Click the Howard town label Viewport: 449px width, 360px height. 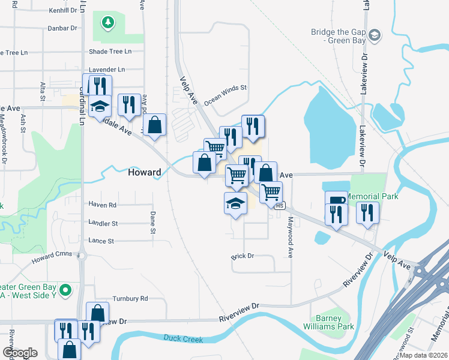click(x=145, y=173)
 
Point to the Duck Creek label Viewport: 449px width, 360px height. click(x=182, y=339)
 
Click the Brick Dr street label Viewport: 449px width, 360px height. click(x=243, y=256)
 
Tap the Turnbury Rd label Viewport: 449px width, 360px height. click(x=130, y=298)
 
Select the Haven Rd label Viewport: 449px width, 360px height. click(x=102, y=205)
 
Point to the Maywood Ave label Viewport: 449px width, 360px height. click(x=289, y=238)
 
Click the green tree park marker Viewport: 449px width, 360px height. click(x=108, y=23)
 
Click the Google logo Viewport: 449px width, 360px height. click(x=20, y=353)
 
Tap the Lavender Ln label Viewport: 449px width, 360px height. click(x=107, y=70)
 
